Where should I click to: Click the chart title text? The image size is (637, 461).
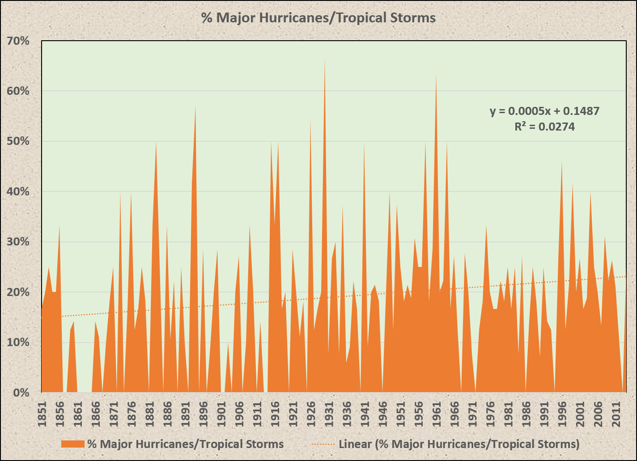(x=318, y=18)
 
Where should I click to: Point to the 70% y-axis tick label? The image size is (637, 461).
(x=18, y=41)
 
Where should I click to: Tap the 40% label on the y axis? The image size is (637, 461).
(x=18, y=192)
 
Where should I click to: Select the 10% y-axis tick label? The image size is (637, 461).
(x=18, y=343)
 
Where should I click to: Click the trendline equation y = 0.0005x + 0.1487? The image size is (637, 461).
(x=544, y=111)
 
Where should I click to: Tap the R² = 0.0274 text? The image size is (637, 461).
(x=544, y=127)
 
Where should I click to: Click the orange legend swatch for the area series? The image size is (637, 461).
(x=73, y=444)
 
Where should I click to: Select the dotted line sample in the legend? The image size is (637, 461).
(x=322, y=444)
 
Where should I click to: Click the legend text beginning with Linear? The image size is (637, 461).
(x=459, y=444)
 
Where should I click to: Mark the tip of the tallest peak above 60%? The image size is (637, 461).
(x=325, y=59)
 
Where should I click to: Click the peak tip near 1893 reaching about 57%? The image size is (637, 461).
(x=195, y=107)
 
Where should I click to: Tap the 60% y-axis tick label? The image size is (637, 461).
(x=18, y=91)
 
